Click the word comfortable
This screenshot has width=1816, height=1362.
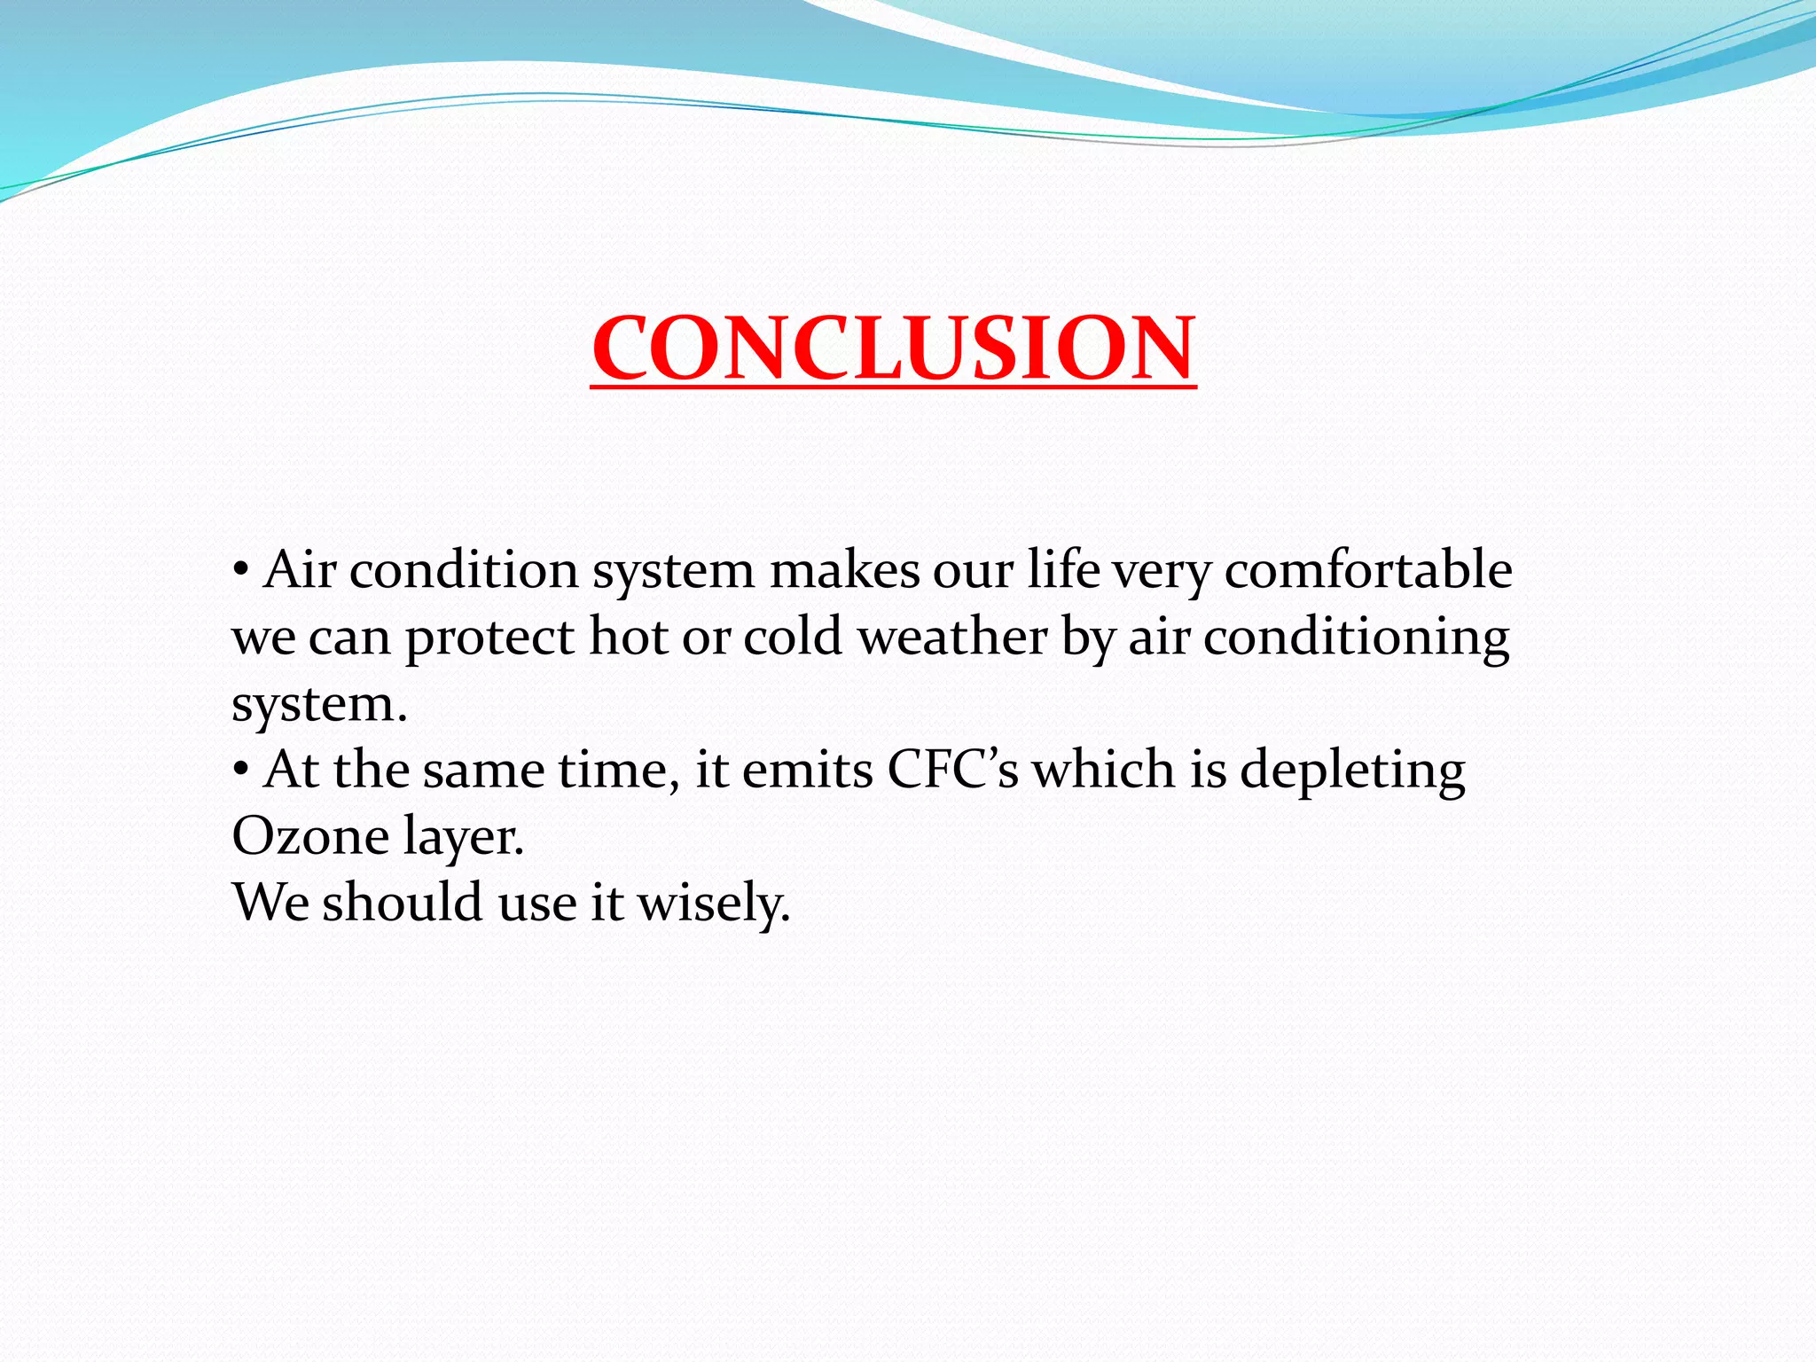tap(1368, 570)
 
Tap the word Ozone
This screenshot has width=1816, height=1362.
tap(309, 836)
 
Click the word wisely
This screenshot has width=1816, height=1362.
tap(713, 904)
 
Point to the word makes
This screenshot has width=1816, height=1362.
tap(844, 570)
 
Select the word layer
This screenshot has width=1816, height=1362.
tap(462, 838)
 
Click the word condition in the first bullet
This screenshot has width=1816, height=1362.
tap(464, 570)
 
